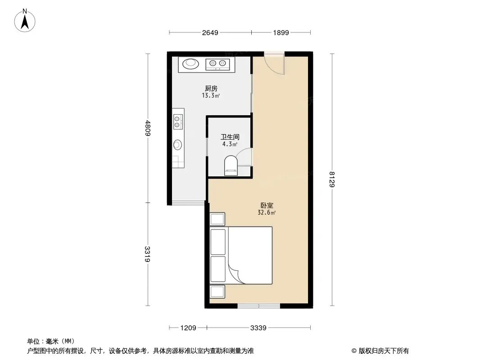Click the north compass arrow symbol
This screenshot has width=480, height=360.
[26, 20]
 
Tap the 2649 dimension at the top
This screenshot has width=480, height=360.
[210, 32]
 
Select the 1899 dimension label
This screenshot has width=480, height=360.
[281, 32]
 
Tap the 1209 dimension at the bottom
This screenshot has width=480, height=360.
[188, 328]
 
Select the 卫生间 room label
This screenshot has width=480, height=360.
[229, 137]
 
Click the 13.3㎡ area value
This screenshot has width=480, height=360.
[210, 96]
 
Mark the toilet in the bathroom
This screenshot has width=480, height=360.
[231, 165]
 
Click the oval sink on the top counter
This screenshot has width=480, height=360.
[190, 64]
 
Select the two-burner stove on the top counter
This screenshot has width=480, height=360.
[218, 64]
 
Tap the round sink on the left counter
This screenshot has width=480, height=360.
[178, 144]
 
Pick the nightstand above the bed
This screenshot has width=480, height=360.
[218, 219]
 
